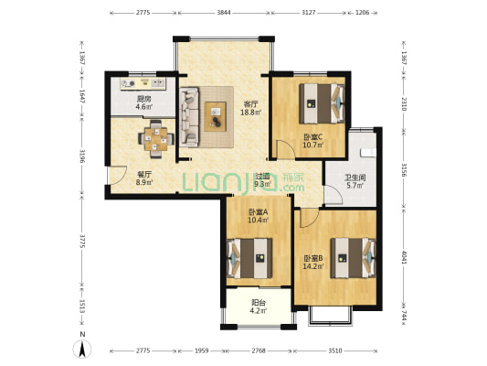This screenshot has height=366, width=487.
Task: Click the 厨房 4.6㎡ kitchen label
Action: point(144,102)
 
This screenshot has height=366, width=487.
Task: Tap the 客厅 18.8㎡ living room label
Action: point(251,108)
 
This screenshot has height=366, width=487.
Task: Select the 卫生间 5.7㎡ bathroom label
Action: point(355,181)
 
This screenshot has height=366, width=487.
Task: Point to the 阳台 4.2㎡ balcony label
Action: point(259,307)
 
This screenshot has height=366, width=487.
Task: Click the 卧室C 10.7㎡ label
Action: point(313,141)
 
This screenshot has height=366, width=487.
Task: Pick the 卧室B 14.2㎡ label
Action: point(313,262)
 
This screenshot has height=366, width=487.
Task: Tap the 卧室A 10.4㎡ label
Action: point(258,216)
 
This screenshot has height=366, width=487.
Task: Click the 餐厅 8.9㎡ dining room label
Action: point(144,178)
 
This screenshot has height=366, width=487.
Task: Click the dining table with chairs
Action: point(156,139)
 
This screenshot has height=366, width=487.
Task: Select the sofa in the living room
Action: point(189,117)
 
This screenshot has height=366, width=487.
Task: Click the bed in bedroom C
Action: point(323,103)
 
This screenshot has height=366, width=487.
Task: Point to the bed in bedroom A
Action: point(250,258)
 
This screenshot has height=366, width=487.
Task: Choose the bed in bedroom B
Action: point(353,258)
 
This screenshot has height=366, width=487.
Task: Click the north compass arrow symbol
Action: point(82,349)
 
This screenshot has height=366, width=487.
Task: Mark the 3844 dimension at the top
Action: point(224,13)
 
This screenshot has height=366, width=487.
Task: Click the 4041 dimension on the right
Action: point(404,257)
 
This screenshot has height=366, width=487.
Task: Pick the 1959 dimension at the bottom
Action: point(201,350)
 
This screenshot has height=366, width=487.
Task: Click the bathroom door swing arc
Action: point(333,194)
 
